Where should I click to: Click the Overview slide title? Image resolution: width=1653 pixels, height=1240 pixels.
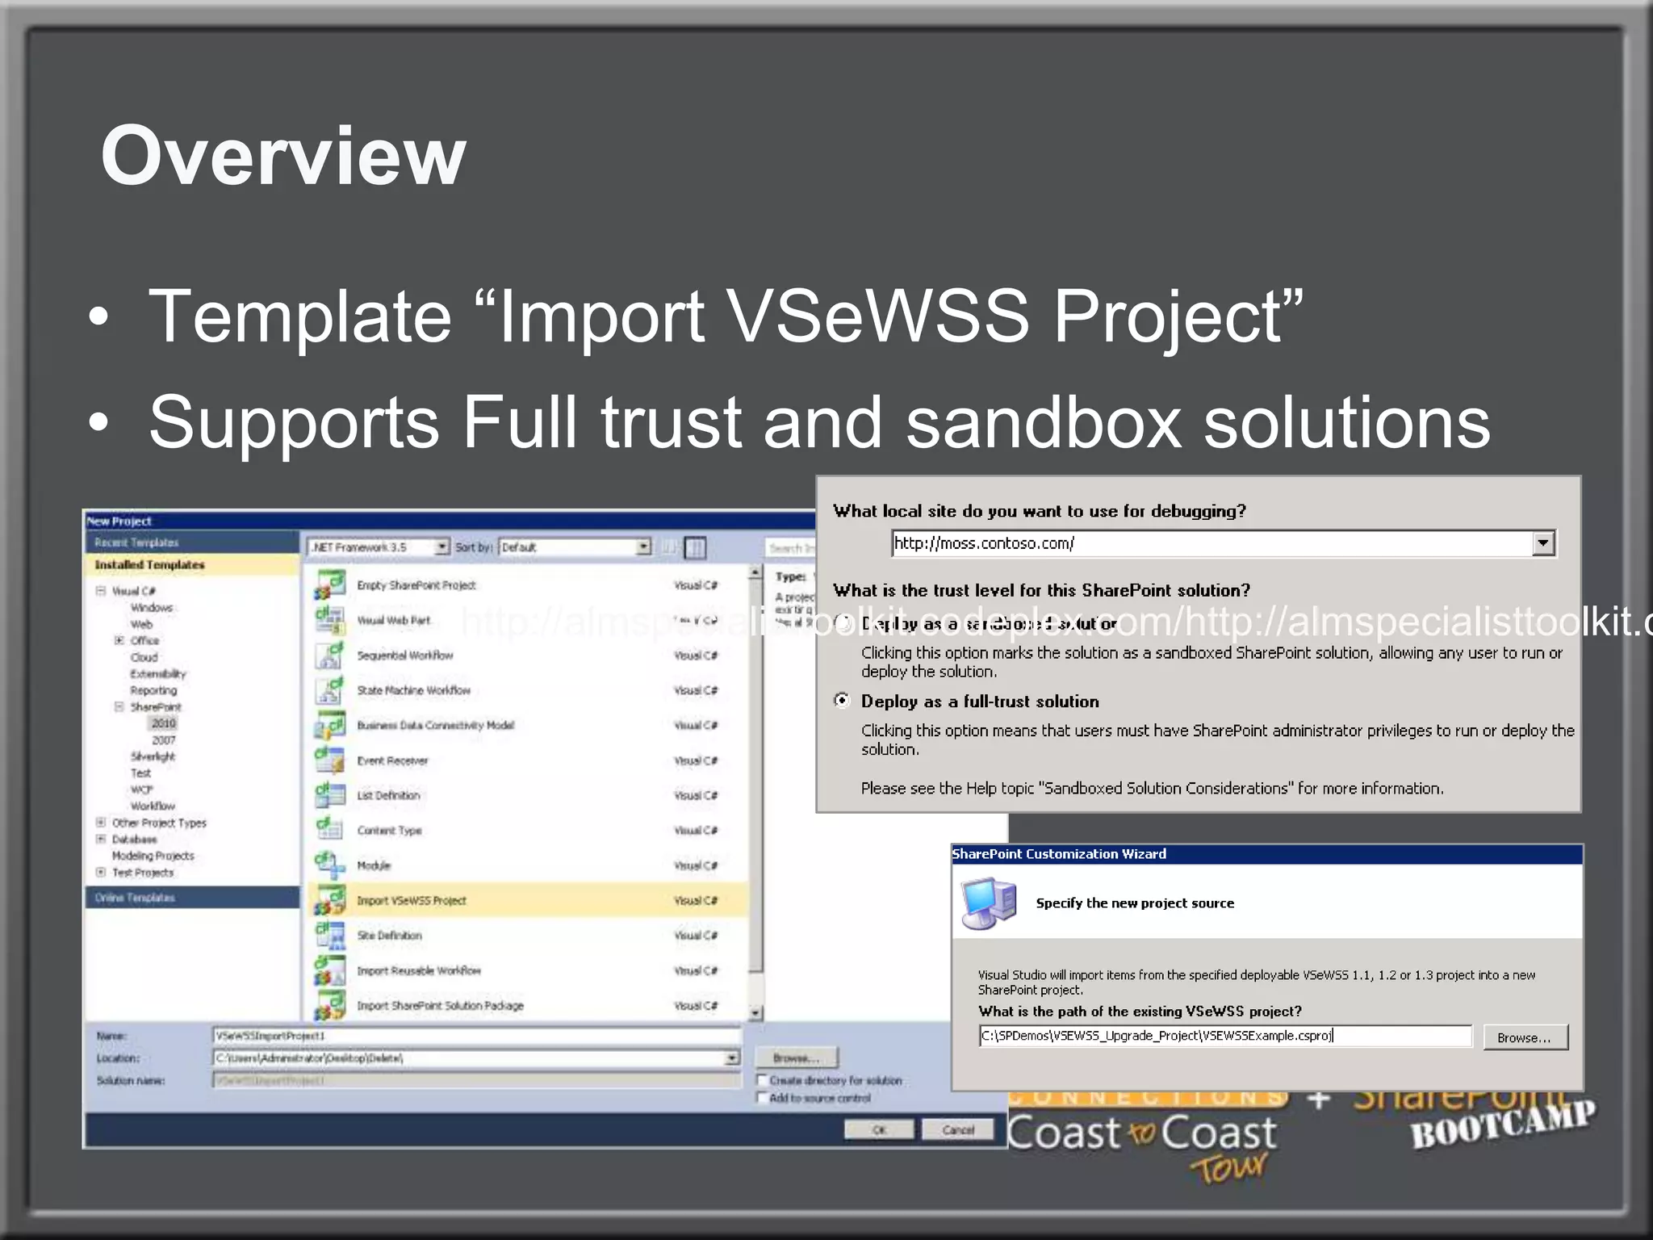(283, 155)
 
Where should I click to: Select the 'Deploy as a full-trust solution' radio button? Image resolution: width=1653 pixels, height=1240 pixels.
(842, 701)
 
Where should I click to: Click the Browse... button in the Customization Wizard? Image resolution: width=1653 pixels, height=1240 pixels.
(1524, 1037)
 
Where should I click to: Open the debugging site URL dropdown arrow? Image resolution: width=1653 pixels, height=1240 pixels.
(1542, 543)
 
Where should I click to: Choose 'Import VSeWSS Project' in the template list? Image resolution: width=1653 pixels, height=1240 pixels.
(412, 900)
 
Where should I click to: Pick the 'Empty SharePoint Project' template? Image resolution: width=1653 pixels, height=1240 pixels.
(416, 585)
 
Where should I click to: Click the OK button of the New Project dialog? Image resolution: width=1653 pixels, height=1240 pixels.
(878, 1129)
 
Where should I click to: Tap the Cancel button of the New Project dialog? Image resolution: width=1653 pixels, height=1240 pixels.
(957, 1129)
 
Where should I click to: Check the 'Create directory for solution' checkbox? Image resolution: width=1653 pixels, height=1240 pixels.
(762, 1080)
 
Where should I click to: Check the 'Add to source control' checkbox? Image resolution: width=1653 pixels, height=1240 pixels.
(762, 1098)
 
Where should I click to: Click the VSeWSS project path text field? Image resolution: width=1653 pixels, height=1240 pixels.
(1224, 1036)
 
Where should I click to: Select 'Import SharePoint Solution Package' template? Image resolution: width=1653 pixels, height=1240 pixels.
(440, 1006)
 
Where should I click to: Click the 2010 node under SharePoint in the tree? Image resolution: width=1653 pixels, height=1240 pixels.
(163, 723)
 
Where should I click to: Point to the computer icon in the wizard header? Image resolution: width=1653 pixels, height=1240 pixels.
(988, 903)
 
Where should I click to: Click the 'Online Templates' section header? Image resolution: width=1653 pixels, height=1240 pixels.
(135, 898)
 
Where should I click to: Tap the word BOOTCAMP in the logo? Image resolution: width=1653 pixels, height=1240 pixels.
(1503, 1125)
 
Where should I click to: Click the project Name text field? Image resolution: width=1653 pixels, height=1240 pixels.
(476, 1036)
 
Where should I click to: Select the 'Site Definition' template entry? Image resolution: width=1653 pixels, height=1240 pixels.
(389, 936)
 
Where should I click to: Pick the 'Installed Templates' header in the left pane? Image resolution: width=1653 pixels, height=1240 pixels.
(149, 565)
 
